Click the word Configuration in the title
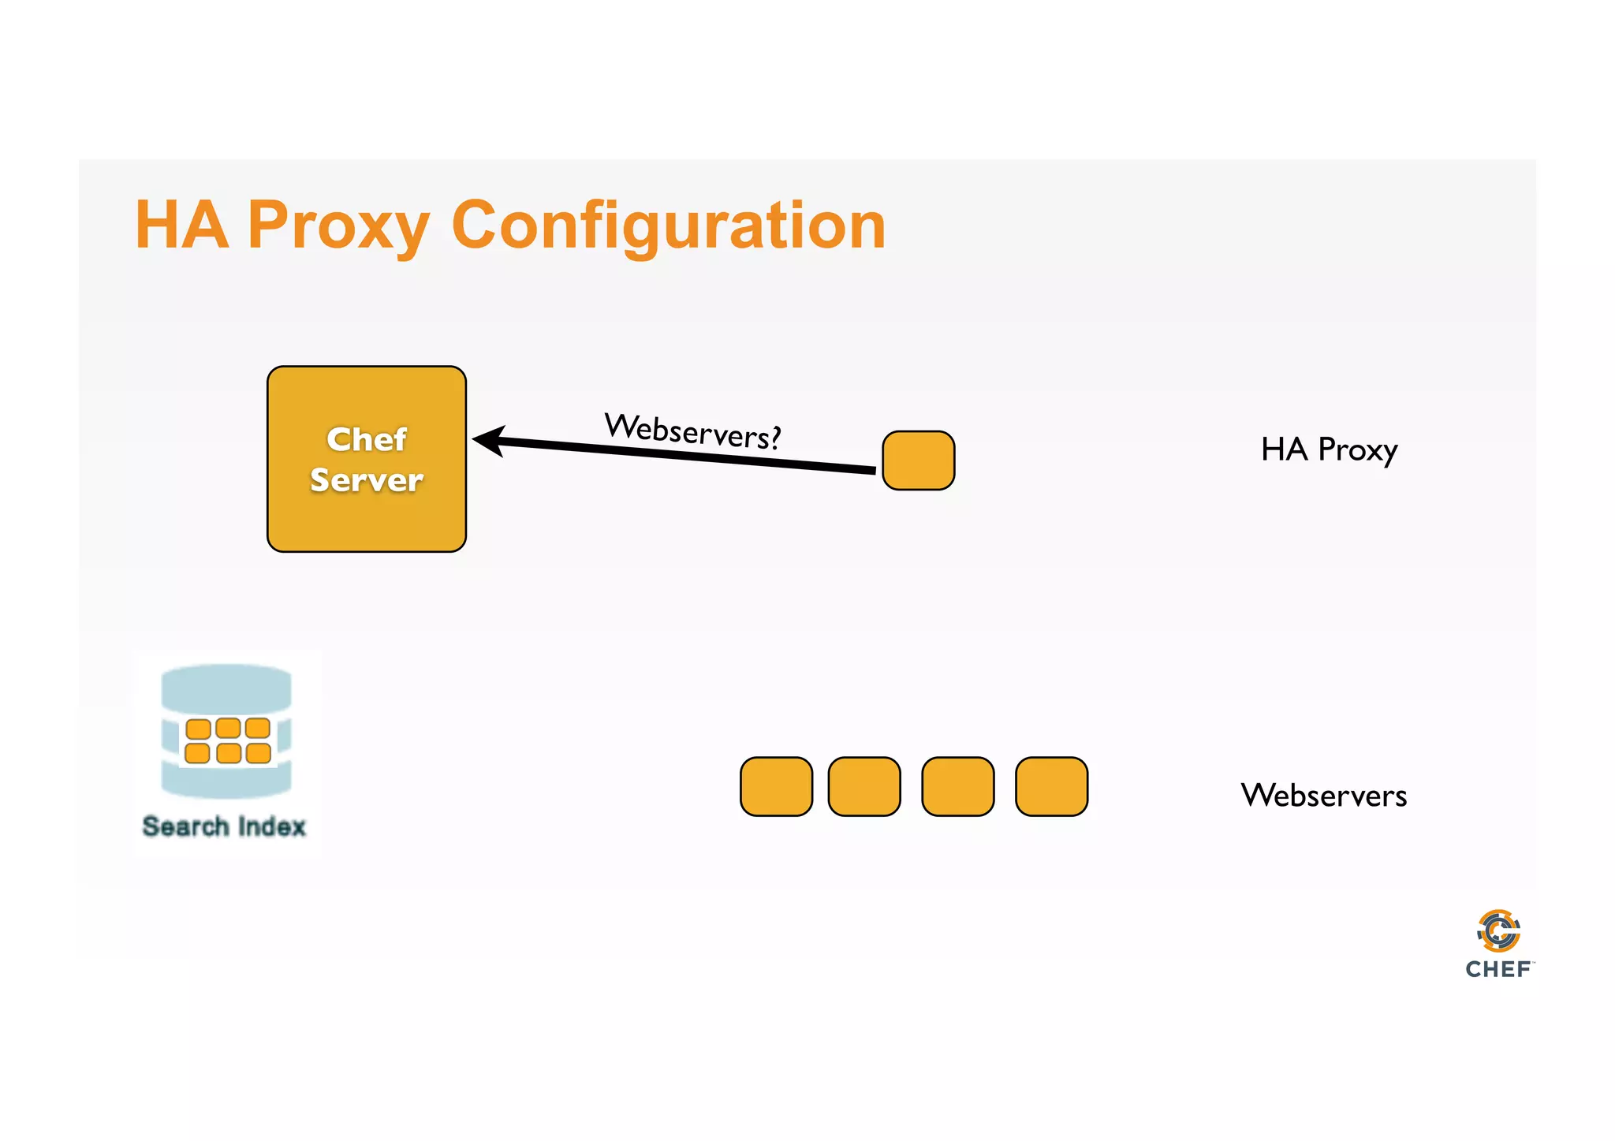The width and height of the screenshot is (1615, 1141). (669, 226)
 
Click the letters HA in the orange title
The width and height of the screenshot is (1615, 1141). (181, 226)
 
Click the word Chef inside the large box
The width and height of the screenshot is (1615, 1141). (367, 439)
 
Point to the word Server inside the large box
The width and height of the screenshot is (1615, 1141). (367, 480)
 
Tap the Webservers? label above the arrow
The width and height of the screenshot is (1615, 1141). (692, 431)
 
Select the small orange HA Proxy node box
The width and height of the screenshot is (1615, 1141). (918, 461)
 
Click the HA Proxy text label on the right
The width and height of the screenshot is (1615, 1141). (1329, 449)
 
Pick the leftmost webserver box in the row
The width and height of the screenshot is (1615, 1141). (776, 786)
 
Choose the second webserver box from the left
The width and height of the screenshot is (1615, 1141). (864, 786)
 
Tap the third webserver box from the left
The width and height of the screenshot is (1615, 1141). (957, 786)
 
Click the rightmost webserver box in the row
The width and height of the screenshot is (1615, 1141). (1051, 786)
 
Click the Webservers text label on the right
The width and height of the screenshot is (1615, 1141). (1323, 795)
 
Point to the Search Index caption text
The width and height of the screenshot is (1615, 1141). (224, 826)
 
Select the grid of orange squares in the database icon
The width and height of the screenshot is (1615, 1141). (228, 740)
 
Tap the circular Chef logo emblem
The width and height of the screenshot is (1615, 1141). (1498, 931)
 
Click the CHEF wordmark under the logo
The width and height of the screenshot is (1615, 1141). (1498, 969)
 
